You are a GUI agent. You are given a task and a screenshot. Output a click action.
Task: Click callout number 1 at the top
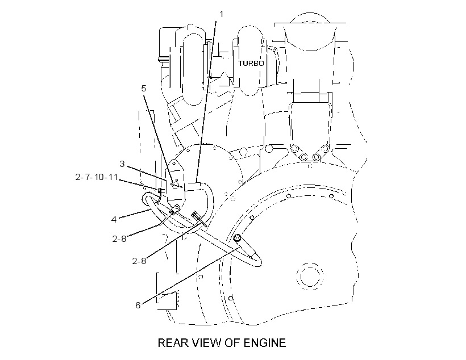pyautogui.click(x=221, y=14)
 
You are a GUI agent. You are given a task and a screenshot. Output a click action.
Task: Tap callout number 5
pyautogui.click(x=144, y=88)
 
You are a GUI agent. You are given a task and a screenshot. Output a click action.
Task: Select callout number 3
pyautogui.click(x=122, y=164)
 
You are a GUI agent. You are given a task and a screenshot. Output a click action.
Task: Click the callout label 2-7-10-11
pyautogui.click(x=97, y=177)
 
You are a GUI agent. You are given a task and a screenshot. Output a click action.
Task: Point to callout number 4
pyautogui.click(x=114, y=220)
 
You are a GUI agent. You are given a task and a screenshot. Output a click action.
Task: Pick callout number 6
pyautogui.click(x=138, y=305)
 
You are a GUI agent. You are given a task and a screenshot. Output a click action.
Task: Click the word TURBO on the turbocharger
pyautogui.click(x=251, y=63)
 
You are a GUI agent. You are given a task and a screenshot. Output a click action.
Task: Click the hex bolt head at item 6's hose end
pyautogui.click(x=237, y=237)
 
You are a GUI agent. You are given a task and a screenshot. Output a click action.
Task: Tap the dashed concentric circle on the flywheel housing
pyautogui.click(x=310, y=277)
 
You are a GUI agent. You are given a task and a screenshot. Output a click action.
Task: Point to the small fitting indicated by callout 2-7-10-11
pyautogui.click(x=161, y=190)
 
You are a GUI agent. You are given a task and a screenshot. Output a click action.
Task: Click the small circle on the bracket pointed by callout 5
pyautogui.click(x=175, y=185)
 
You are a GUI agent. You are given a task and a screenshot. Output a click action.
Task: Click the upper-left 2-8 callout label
pyautogui.click(x=119, y=239)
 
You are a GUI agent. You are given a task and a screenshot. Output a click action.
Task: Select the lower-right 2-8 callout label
pyautogui.click(x=139, y=261)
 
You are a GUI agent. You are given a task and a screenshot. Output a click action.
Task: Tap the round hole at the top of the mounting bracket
pyautogui.click(x=173, y=164)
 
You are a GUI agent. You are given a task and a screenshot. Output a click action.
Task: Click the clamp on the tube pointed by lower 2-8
pyautogui.click(x=198, y=218)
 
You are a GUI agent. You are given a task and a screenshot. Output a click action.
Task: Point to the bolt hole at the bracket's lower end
pyautogui.click(x=177, y=207)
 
